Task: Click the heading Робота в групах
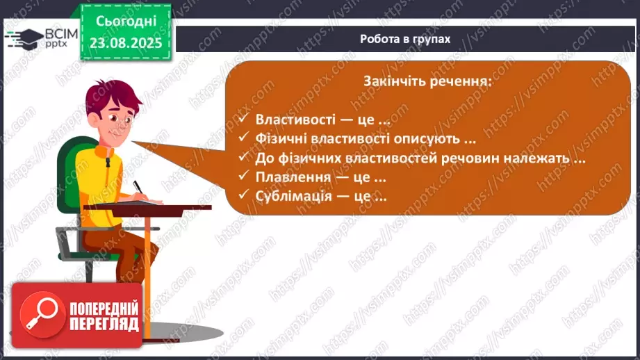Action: (x=405, y=39)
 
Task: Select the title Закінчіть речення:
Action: (x=427, y=81)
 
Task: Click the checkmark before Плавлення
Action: (x=243, y=177)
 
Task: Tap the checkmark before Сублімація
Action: (x=243, y=196)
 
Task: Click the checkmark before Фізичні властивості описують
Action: (x=243, y=138)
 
